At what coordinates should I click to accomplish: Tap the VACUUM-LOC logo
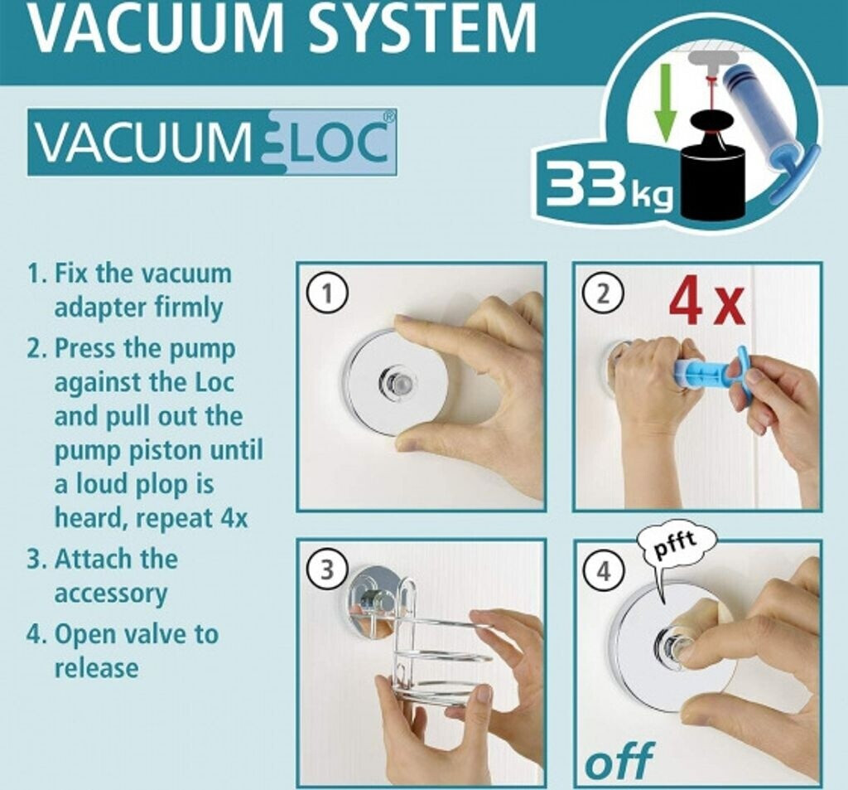(x=212, y=142)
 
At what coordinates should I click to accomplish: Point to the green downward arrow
(x=665, y=102)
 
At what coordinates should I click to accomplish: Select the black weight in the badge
(x=712, y=165)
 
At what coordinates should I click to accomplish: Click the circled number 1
(x=326, y=294)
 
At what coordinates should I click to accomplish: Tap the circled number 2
(x=604, y=294)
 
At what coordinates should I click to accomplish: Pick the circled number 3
(x=326, y=570)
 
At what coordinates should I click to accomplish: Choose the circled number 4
(x=604, y=571)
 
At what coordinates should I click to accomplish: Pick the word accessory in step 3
(x=111, y=594)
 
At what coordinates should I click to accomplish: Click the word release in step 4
(x=96, y=667)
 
